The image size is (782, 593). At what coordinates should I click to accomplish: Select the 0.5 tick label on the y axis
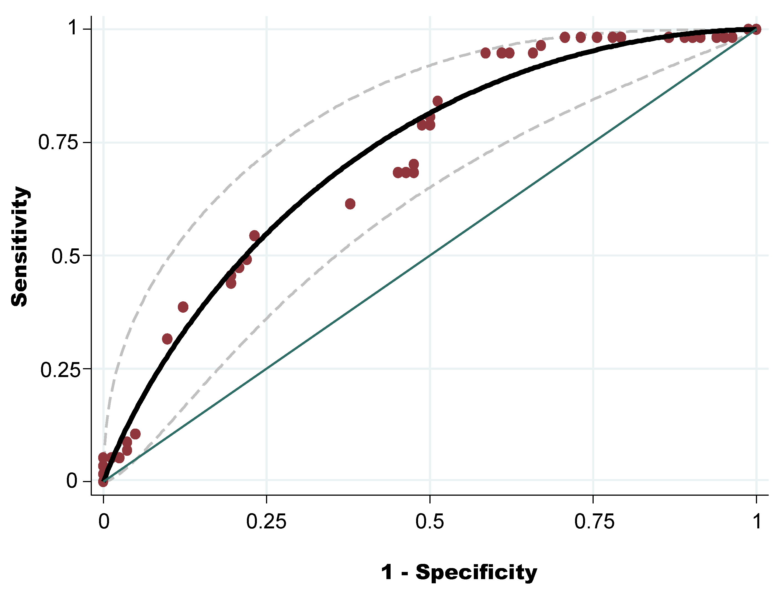point(65,256)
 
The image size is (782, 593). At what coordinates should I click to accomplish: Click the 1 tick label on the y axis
point(73,27)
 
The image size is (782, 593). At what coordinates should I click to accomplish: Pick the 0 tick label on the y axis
point(72,481)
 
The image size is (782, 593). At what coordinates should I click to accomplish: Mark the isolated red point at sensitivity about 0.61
point(350,203)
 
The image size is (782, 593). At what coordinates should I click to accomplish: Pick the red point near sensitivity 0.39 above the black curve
point(183,307)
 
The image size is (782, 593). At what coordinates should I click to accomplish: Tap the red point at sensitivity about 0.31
point(167,339)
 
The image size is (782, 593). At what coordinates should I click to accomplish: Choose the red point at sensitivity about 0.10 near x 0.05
point(135,434)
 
